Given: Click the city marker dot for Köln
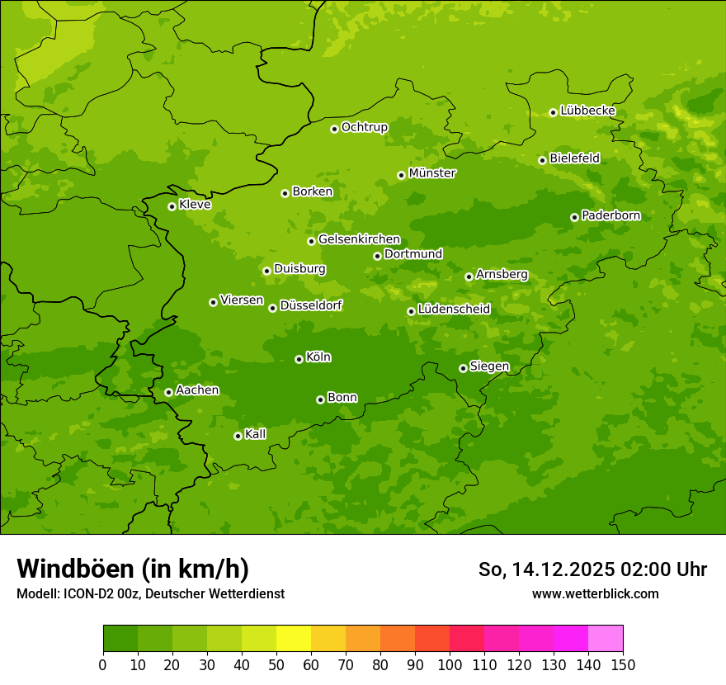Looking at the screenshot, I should (x=299, y=359).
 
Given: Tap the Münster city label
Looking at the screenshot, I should (x=432, y=173).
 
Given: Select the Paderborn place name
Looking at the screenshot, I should (x=611, y=215).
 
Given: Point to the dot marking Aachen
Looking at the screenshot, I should (x=168, y=392).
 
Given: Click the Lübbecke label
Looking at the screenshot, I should (x=587, y=111).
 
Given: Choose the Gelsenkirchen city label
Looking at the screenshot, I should (x=359, y=239).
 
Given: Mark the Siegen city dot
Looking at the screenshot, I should (x=463, y=368).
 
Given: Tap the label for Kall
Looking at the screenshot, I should (x=256, y=434).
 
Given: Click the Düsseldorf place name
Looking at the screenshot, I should (x=311, y=305).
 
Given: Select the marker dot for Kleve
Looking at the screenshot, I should (x=172, y=206).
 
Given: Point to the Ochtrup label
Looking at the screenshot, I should (x=364, y=127).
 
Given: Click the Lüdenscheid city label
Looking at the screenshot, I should (x=454, y=309).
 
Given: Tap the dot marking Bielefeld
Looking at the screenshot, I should (x=542, y=160).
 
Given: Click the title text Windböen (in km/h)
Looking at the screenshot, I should (x=133, y=569).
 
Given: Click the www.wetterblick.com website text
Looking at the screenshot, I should (x=595, y=593).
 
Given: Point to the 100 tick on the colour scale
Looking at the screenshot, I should (x=450, y=664).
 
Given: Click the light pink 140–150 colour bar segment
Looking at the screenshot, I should (x=606, y=639).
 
